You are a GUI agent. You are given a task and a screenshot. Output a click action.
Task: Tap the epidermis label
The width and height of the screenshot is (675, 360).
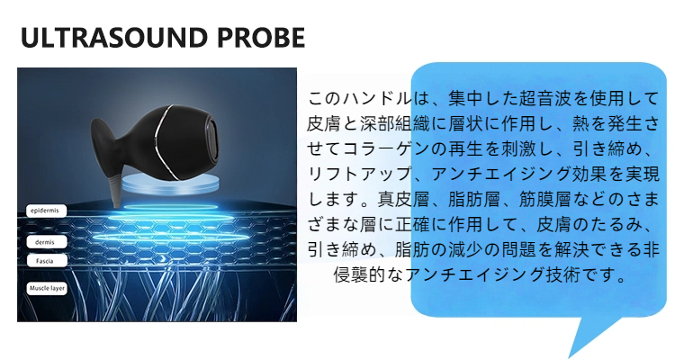pos(47,211)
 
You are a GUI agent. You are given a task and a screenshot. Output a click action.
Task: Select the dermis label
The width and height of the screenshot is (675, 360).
pos(47,242)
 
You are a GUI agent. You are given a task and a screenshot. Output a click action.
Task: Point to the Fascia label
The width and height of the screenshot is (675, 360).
pos(47,261)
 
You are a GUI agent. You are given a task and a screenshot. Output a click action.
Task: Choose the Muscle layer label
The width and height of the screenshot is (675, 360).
pos(47,288)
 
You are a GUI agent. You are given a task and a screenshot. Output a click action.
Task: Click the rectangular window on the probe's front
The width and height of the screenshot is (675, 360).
pos(211,141)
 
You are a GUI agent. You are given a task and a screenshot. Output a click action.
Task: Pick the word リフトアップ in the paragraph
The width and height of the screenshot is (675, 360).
pos(360,174)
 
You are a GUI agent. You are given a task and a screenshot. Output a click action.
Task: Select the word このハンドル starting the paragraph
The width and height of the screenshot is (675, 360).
pos(360,98)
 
